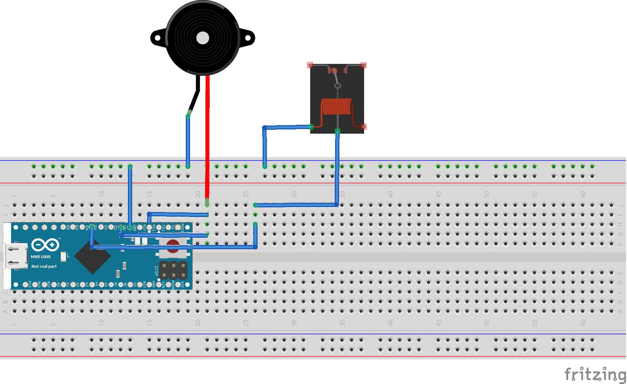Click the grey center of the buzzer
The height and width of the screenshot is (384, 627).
[x=203, y=38]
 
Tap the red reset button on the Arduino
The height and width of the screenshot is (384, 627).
[x=173, y=246]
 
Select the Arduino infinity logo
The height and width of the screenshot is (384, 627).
[x=45, y=245]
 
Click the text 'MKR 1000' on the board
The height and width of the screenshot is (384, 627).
[x=41, y=257]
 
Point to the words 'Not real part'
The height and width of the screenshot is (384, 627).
[x=44, y=266]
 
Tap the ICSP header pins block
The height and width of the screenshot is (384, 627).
[x=173, y=270]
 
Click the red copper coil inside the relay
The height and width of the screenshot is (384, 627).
[x=337, y=107]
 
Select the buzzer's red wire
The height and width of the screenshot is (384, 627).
[x=207, y=136]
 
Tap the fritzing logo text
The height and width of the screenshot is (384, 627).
[x=595, y=374]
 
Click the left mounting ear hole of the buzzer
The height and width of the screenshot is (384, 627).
[x=157, y=38]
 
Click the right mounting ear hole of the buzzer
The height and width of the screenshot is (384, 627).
[x=248, y=38]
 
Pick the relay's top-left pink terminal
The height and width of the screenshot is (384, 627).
[x=310, y=65]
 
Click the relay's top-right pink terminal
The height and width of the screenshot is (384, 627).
[x=363, y=65]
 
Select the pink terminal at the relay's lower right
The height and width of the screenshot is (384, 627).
[x=363, y=127]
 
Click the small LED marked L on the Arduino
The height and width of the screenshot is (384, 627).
[x=64, y=256]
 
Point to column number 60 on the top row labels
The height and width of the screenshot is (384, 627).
[x=583, y=194]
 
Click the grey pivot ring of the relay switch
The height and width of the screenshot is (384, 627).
[x=337, y=86]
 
